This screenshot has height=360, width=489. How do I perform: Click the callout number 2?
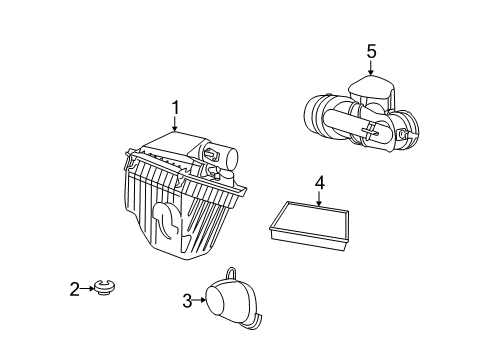[x=74, y=290]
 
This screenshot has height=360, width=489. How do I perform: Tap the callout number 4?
[x=319, y=182]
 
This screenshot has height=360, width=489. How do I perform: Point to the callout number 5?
[x=371, y=50]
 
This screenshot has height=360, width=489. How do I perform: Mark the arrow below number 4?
[x=319, y=199]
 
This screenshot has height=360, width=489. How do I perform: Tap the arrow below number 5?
[x=371, y=68]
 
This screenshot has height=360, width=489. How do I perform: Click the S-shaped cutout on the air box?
[x=165, y=224]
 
